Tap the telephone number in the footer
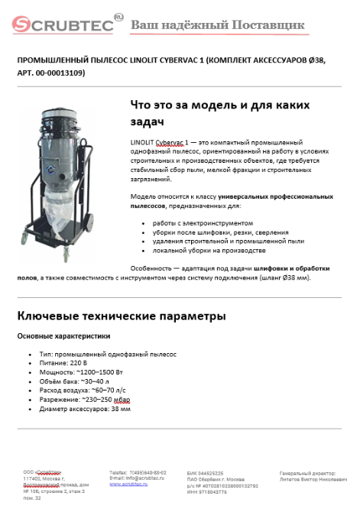tap(148, 473)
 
